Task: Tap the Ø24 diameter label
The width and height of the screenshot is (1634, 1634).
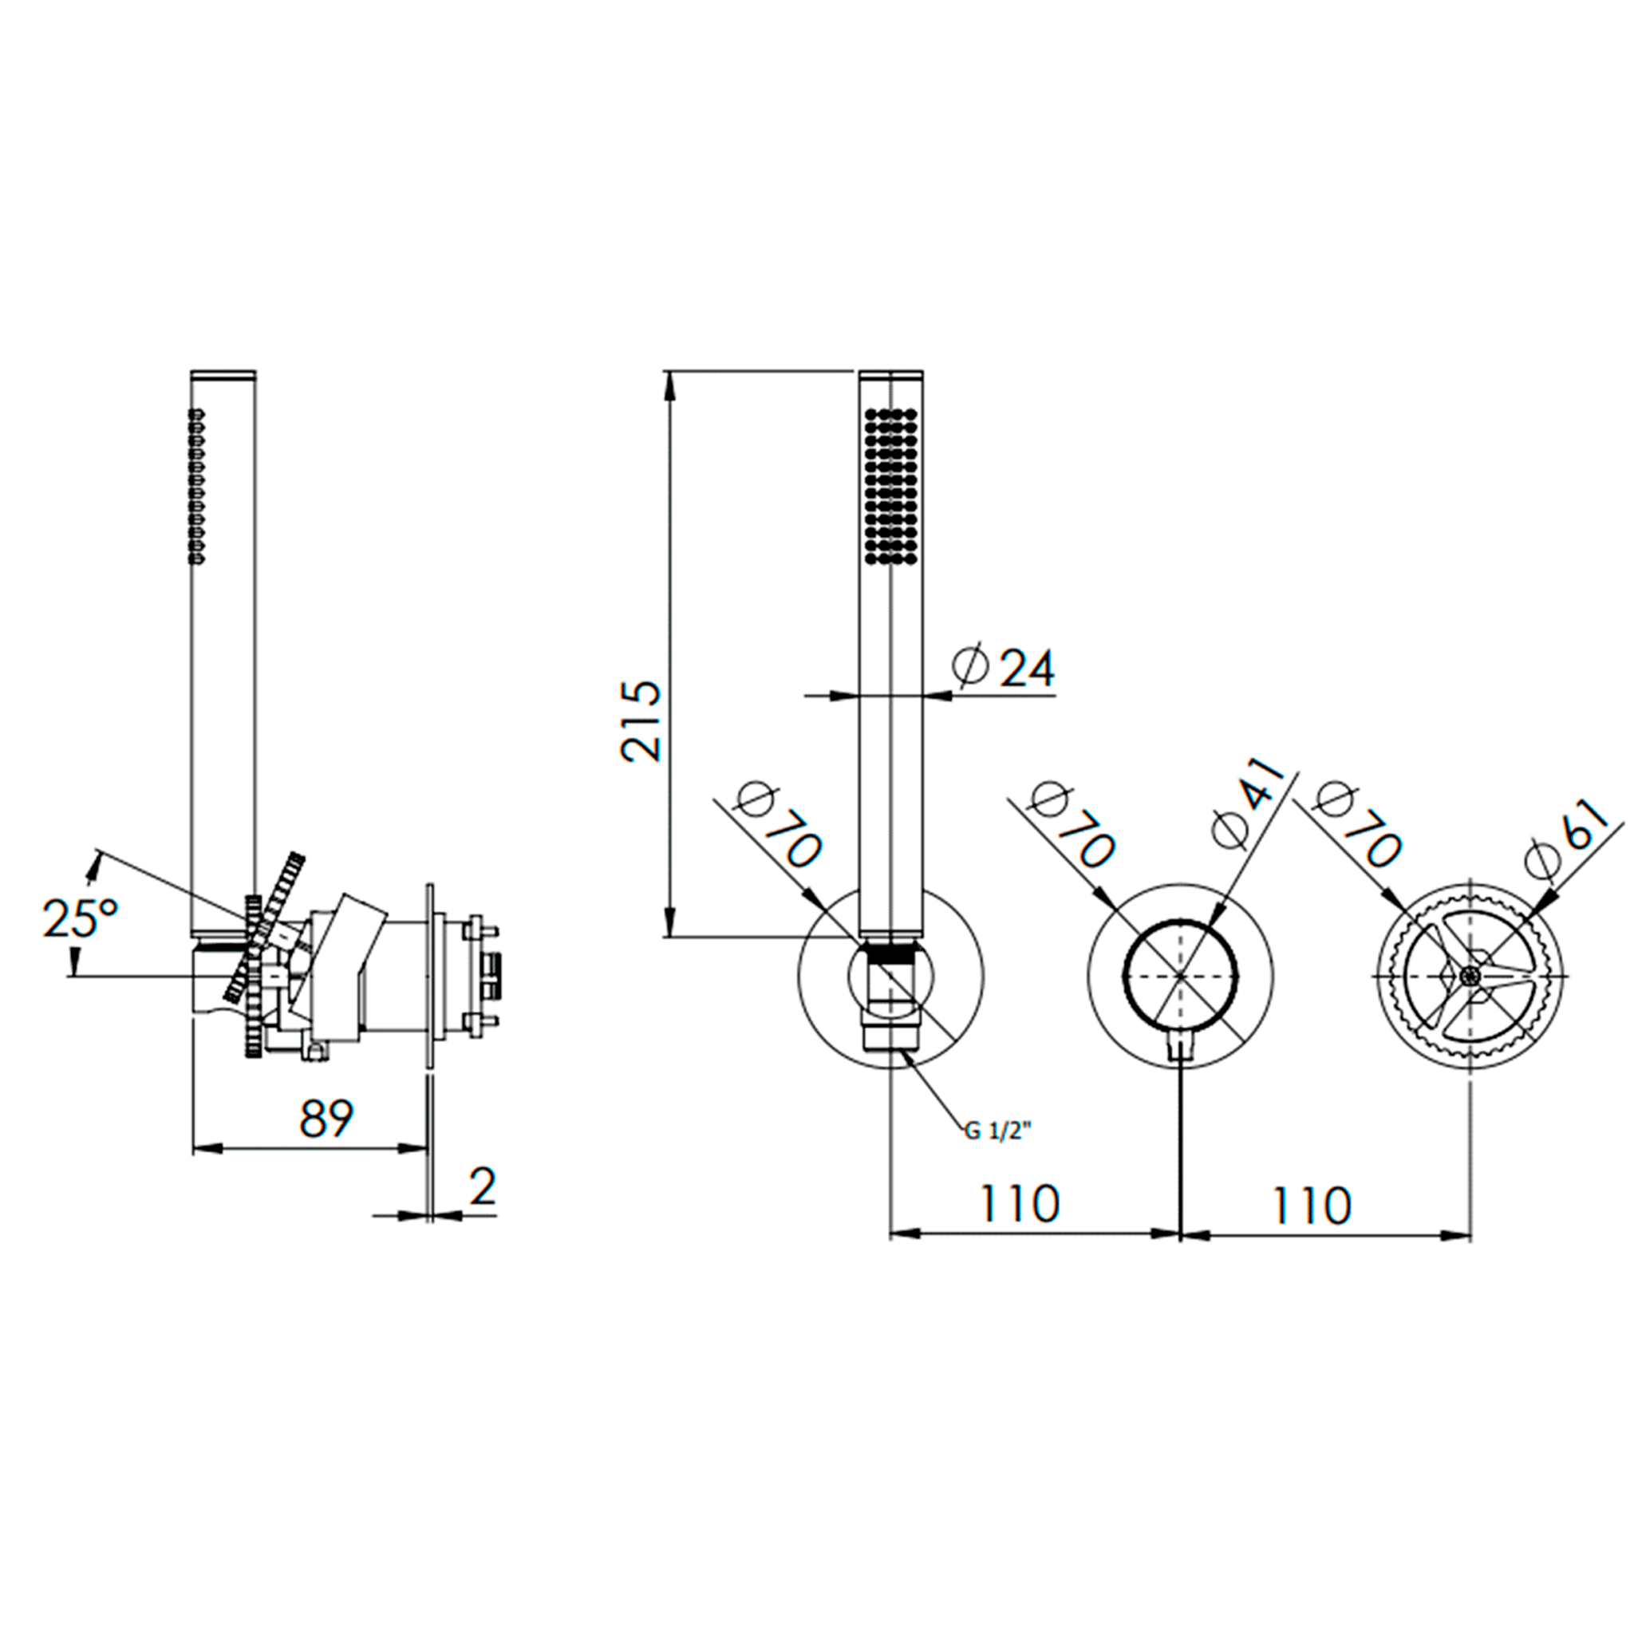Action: click(x=1004, y=668)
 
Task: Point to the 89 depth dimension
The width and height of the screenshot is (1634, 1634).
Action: click(x=326, y=1119)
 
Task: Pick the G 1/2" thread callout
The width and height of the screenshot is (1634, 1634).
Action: click(x=999, y=1131)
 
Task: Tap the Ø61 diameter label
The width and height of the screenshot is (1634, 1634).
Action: click(x=1564, y=837)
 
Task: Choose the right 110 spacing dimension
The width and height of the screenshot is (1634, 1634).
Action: click(x=1312, y=1204)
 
